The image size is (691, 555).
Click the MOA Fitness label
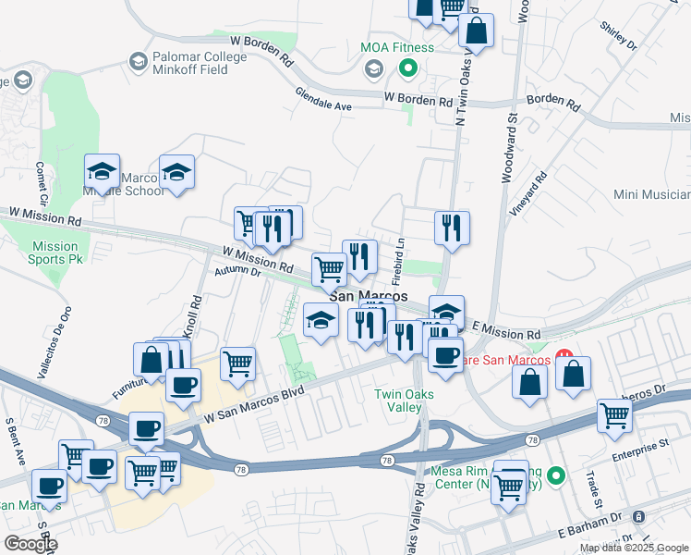tap(397, 47)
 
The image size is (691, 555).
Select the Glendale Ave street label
tap(323, 101)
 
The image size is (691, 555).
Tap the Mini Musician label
tap(652, 194)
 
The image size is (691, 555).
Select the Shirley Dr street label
tap(618, 36)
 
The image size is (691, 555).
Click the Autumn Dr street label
tap(237, 270)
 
